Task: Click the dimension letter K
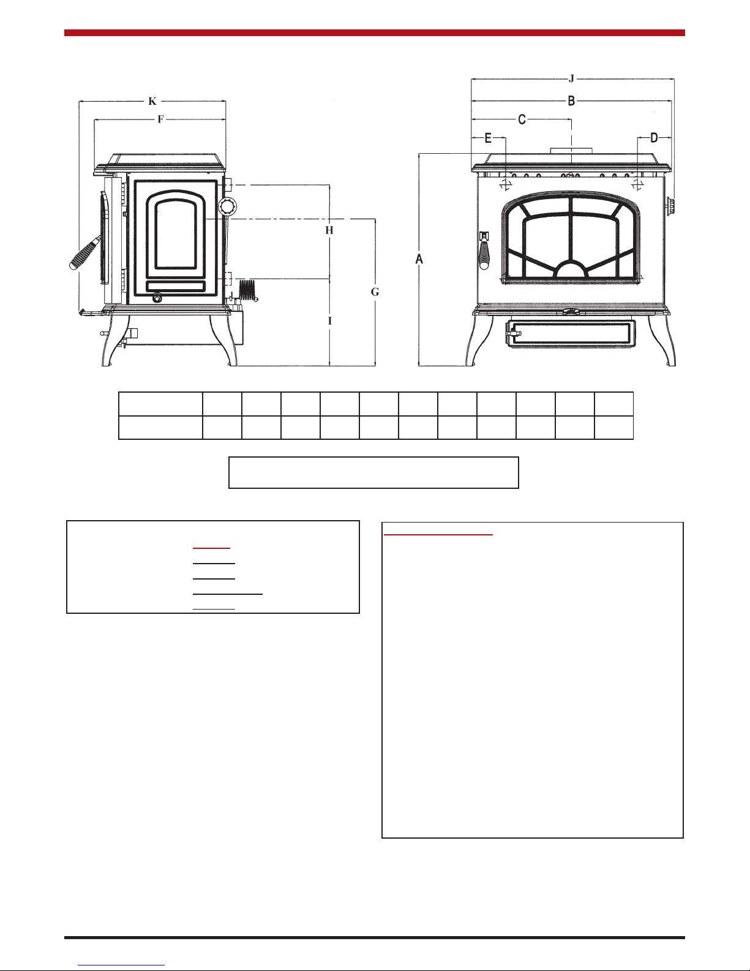pos(152,102)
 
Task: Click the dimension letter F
pos(160,119)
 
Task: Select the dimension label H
pos(329,230)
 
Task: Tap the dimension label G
pos(375,292)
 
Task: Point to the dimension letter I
pos(330,321)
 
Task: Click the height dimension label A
pos(419,259)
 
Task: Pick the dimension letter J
pos(571,79)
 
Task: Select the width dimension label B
pos(571,101)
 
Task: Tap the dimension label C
pos(522,119)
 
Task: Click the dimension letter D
pos(654,138)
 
